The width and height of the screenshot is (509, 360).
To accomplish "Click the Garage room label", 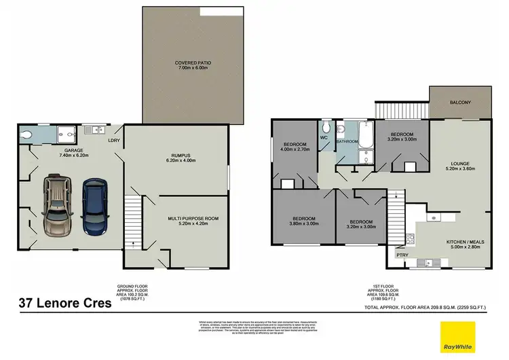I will [73, 153].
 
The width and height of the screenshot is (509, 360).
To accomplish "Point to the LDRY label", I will [115, 141].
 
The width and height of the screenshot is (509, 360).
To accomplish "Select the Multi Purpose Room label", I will [192, 221].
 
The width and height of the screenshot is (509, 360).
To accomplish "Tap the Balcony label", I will [460, 103].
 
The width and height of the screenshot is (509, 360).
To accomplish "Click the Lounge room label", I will [460, 167].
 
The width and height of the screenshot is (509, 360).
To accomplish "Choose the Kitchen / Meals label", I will [464, 245].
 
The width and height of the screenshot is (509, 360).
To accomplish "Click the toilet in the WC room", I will [326, 127].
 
